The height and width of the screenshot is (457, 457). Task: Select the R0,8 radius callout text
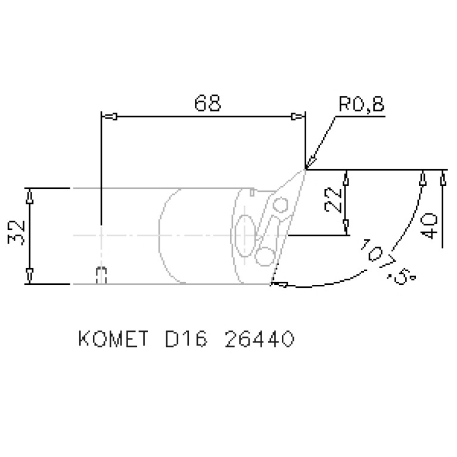tap(360, 105)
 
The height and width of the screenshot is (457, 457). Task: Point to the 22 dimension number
tap(334, 200)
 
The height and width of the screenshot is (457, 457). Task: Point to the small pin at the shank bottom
tap(101, 275)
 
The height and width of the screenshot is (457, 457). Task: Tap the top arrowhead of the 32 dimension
tap(30, 194)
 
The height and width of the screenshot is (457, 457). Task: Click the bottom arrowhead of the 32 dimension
tap(30, 277)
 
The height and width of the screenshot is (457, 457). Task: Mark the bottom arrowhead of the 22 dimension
tap(346, 229)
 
